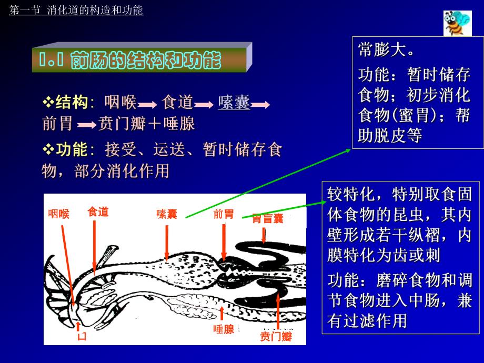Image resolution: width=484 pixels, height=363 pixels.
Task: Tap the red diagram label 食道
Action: pyautogui.click(x=98, y=212)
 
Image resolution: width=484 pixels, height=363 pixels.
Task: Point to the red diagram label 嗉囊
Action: pyautogui.click(x=166, y=214)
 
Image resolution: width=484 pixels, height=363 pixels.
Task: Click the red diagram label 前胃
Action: pyautogui.click(x=224, y=214)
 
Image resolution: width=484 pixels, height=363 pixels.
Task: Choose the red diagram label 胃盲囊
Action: pyautogui.click(x=267, y=218)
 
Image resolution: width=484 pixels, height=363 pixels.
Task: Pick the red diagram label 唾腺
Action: pyautogui.click(x=224, y=329)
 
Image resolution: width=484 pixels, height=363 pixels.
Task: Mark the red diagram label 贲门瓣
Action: pyautogui.click(x=276, y=336)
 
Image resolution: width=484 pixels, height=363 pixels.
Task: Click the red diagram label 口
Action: pyautogui.click(x=82, y=336)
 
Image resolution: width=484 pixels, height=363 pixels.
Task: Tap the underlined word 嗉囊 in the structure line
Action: pyautogui.click(x=234, y=102)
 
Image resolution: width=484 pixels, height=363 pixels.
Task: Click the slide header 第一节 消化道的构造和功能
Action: pyautogui.click(x=76, y=10)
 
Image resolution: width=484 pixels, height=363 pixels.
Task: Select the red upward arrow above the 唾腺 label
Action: pyautogui.click(x=222, y=314)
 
